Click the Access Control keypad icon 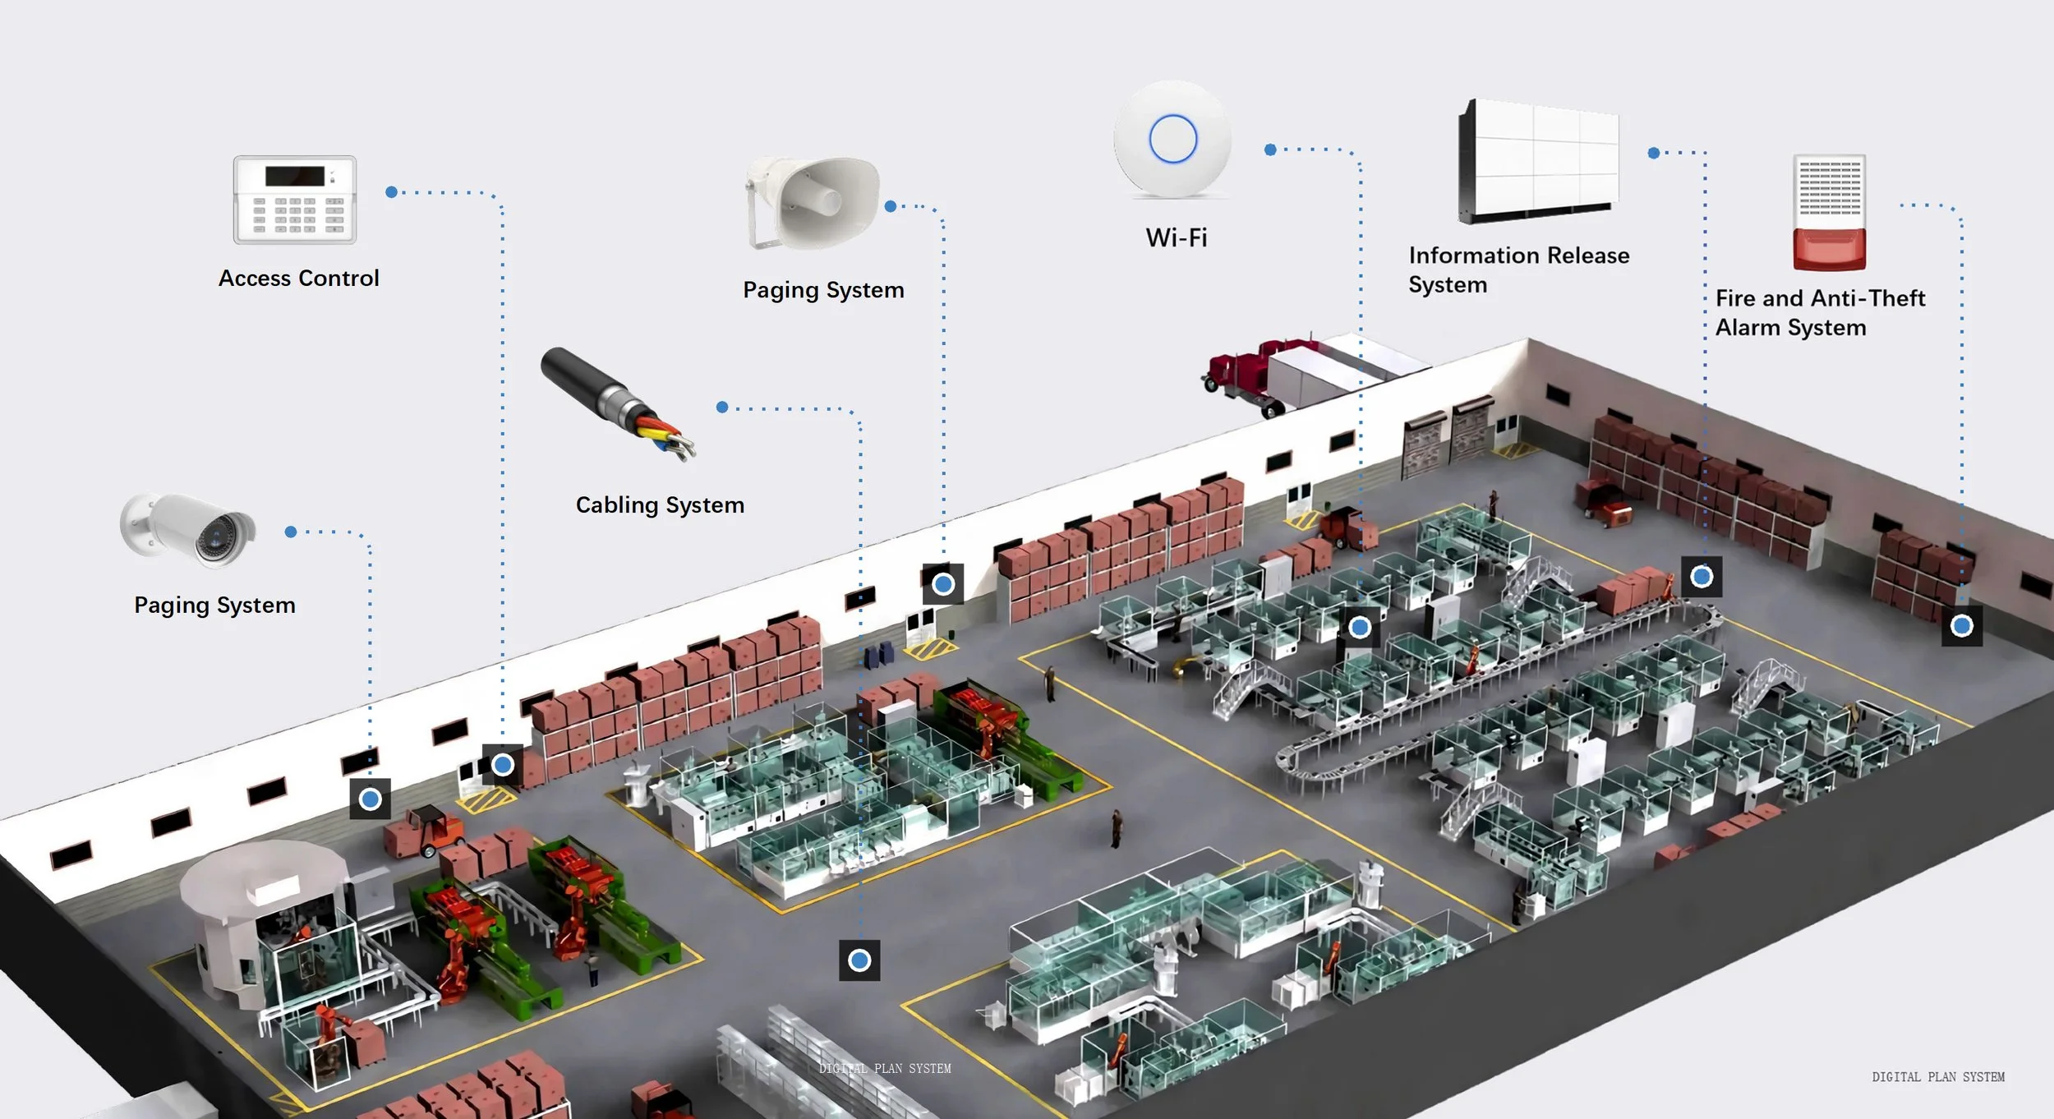coord(295,200)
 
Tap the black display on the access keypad coord(295,176)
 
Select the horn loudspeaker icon coord(813,202)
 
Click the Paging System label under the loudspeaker coord(823,290)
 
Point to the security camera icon coord(188,529)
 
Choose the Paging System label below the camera coord(214,606)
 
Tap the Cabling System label coord(660,505)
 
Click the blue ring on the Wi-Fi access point coord(1172,139)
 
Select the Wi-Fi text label coord(1177,238)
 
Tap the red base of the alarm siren coord(1829,250)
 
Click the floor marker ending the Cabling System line coord(859,960)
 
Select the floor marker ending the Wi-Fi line coord(1360,628)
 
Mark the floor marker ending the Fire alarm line coord(1962,626)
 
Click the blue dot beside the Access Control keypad coord(392,192)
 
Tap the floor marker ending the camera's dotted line coord(371,799)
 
